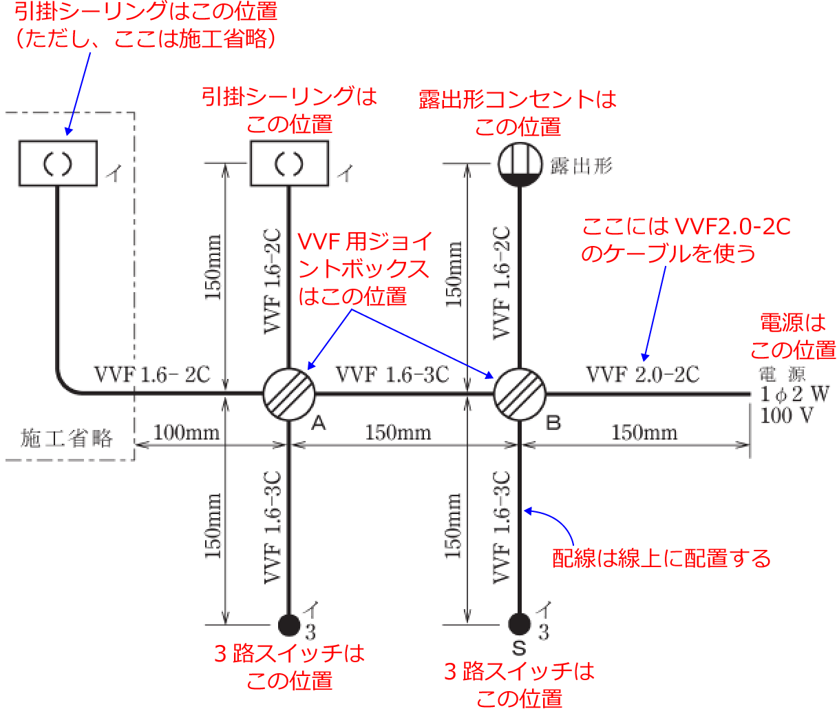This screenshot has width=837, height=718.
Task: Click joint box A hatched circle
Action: pos(289,394)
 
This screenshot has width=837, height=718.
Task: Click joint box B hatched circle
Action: pos(520,394)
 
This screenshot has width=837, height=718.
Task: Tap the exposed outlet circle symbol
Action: pos(519,164)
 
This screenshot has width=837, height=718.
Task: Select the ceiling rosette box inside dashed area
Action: pos(58,163)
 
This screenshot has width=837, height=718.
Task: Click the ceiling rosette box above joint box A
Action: pos(289,163)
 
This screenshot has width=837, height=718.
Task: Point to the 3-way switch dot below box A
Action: pos(289,624)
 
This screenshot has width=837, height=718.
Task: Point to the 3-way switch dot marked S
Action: pos(520,624)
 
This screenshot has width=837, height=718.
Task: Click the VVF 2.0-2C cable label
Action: pos(642,375)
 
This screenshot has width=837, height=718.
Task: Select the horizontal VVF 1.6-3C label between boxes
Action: pos(392,375)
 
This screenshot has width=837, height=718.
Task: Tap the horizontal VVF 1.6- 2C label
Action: pos(152,375)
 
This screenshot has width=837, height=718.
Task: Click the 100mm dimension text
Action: pos(187,433)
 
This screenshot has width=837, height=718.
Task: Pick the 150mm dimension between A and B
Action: pos(398,433)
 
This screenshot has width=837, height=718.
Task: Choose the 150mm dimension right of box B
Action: pos(644,433)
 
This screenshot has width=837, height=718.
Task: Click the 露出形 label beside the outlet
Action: pos(582,165)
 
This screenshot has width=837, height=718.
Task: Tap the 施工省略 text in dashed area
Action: pos(67,438)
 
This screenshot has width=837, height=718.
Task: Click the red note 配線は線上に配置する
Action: pos(661,558)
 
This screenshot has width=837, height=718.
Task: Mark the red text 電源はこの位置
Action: pos(792,336)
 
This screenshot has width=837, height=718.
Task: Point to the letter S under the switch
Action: pos(520,648)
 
